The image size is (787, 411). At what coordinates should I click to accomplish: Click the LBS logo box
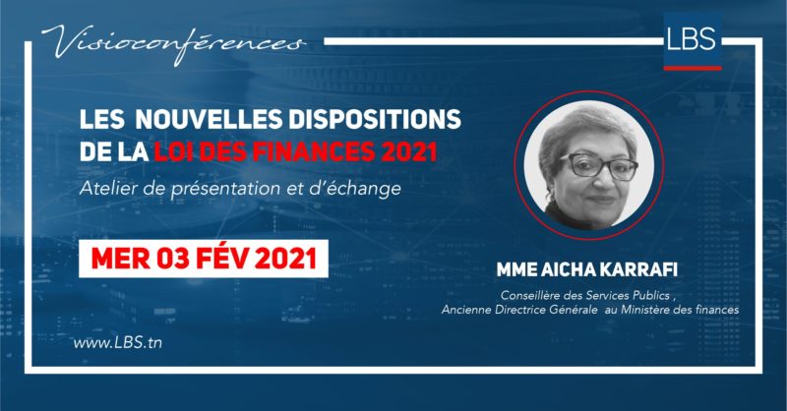[693, 41]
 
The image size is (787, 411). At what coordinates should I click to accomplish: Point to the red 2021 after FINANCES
[405, 151]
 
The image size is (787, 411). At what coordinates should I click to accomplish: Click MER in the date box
[120, 259]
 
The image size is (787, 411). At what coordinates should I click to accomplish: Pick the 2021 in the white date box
[285, 259]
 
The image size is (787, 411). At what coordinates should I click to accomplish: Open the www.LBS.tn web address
[117, 343]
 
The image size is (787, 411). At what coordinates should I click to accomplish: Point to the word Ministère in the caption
[645, 310]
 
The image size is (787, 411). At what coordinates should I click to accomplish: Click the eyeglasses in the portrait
[598, 166]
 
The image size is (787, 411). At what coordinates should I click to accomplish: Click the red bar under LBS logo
[693, 68]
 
